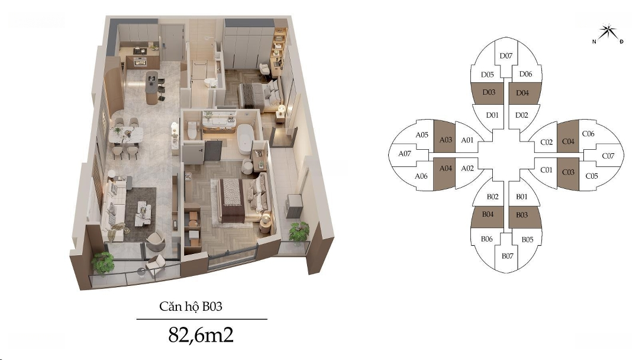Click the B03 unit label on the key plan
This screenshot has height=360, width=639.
(522, 215)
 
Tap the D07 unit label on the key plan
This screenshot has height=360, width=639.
(506, 56)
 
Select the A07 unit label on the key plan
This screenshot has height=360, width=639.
(404, 154)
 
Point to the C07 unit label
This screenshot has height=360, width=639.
(608, 156)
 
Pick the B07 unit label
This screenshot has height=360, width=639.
(508, 256)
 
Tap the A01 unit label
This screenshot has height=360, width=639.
(467, 140)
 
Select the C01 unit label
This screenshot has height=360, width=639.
(546, 169)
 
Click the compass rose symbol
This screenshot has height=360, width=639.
(608, 33)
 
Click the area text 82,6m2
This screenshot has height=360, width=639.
(201, 335)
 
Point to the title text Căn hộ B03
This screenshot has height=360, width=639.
(191, 306)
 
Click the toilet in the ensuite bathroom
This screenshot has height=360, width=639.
(192, 130)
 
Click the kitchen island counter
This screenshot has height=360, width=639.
(151, 87)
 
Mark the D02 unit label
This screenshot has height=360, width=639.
(521, 115)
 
